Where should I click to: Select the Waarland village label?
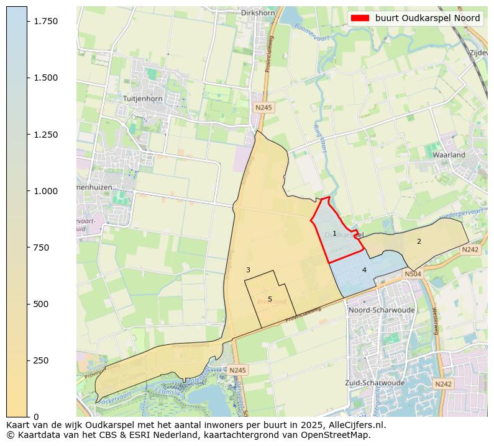click(x=449, y=154)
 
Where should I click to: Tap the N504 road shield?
click(x=413, y=274)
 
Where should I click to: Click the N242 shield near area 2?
click(x=470, y=249)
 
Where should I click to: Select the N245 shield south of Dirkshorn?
click(x=263, y=108)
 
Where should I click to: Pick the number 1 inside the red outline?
click(x=334, y=234)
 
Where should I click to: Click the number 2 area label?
click(x=419, y=241)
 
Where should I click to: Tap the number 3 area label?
click(x=248, y=270)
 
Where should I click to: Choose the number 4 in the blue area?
click(x=364, y=270)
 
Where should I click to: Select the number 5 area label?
click(x=270, y=299)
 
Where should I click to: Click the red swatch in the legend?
click(x=360, y=18)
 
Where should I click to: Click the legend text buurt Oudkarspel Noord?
click(x=427, y=18)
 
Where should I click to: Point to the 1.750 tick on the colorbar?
click(x=45, y=21)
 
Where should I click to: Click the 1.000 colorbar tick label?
click(x=45, y=191)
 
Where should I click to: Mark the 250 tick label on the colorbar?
click(x=41, y=360)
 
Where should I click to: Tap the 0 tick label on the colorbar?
click(x=35, y=416)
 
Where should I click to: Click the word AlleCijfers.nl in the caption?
click(x=356, y=426)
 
